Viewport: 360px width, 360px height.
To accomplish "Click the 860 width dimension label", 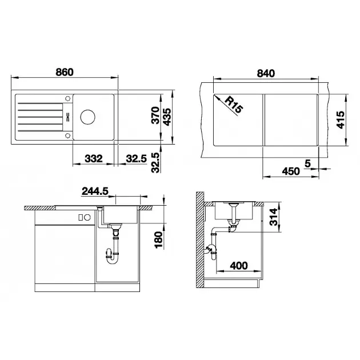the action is coord(65,72).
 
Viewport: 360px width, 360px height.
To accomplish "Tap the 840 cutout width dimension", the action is coord(266,73).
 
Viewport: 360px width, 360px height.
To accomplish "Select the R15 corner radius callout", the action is coord(234,105).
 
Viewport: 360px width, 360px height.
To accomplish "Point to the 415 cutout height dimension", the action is coord(341,119).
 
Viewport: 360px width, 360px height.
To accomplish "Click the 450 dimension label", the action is coord(291,171).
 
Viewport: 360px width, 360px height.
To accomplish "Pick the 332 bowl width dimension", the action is coord(94,158).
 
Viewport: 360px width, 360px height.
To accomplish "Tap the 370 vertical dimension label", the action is coord(155,115).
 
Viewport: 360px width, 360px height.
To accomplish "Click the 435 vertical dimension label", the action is coord(167,117).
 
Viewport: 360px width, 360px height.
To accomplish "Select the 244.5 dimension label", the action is coord(95,191).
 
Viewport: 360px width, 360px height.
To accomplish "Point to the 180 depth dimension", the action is coord(158,239).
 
